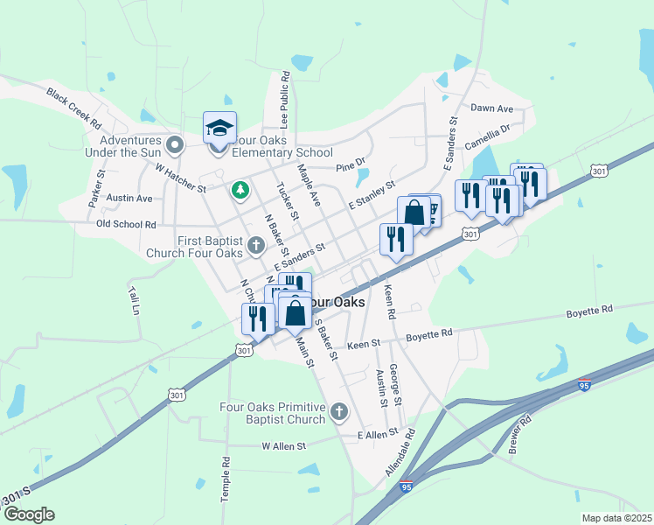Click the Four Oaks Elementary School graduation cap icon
click(219, 129)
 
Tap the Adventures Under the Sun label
click(130, 146)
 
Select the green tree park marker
click(239, 189)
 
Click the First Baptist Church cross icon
click(255, 244)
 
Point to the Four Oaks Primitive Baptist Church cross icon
click(339, 411)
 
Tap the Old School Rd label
click(126, 225)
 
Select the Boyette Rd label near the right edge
click(589, 310)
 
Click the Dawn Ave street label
click(491, 108)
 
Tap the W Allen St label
click(284, 446)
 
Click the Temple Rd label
click(226, 479)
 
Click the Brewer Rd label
click(519, 435)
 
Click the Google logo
click(29, 514)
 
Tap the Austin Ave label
click(129, 199)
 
